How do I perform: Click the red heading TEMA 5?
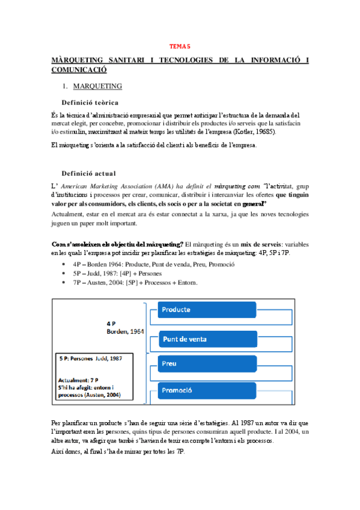180,46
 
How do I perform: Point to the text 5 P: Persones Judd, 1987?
91,358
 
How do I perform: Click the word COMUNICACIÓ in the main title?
81,70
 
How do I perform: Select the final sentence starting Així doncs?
118,451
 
